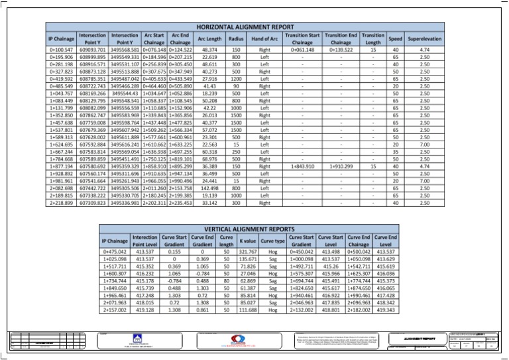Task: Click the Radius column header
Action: tap(236, 40)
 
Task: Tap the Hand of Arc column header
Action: tap(264, 40)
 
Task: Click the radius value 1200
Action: tap(236, 79)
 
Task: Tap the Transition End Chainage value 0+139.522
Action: tap(342, 50)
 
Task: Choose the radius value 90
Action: tap(236, 86)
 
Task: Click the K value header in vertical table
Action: tap(248, 241)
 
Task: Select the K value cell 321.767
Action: tap(248, 252)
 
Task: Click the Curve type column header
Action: tap(272, 241)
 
